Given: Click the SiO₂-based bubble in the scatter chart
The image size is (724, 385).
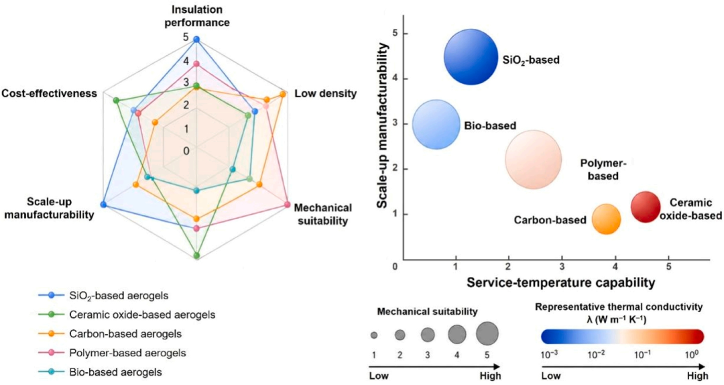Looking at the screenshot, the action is coord(471,57).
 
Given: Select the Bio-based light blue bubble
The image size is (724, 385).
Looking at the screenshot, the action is coord(436,124).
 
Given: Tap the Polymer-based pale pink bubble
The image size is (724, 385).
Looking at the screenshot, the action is coord(534,160).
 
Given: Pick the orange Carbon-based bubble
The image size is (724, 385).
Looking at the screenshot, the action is coord(606,219).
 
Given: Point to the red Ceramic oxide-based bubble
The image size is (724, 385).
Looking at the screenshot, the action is coord(646,207).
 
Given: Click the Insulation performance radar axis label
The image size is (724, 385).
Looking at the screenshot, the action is coord(197,15).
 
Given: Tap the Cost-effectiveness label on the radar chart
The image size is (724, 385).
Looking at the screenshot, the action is coord(50,93).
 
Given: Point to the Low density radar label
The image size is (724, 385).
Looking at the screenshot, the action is coord(326,93).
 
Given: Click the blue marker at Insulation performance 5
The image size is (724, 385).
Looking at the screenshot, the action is coord(196,40).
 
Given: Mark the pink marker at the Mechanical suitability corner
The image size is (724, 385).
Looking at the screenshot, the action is coord(287,205).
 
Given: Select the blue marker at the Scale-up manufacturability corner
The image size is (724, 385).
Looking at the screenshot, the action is coord(103,205).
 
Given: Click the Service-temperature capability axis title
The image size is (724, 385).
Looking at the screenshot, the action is coord(560,282).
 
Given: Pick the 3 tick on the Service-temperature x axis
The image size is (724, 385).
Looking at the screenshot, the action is coord(562,267).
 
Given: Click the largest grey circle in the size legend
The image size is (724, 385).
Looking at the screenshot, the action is coord(487,334).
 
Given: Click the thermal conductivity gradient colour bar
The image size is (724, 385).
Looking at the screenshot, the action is coord(622,337).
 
